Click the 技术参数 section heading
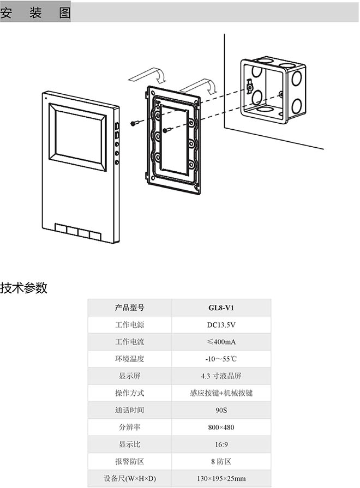click(x=24, y=288)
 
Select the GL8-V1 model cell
click(x=221, y=308)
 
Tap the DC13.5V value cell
click(x=221, y=325)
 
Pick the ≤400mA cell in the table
click(x=221, y=342)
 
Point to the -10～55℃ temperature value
click(x=221, y=359)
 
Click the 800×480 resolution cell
click(x=221, y=427)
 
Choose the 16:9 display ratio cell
click(x=221, y=444)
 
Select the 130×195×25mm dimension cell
click(x=221, y=478)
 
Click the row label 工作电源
click(x=130, y=325)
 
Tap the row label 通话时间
click(x=130, y=410)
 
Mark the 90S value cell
click(x=221, y=410)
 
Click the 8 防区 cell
click(x=221, y=461)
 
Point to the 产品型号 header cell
click(x=130, y=308)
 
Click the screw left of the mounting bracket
click(x=134, y=124)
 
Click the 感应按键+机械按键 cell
click(x=221, y=393)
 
